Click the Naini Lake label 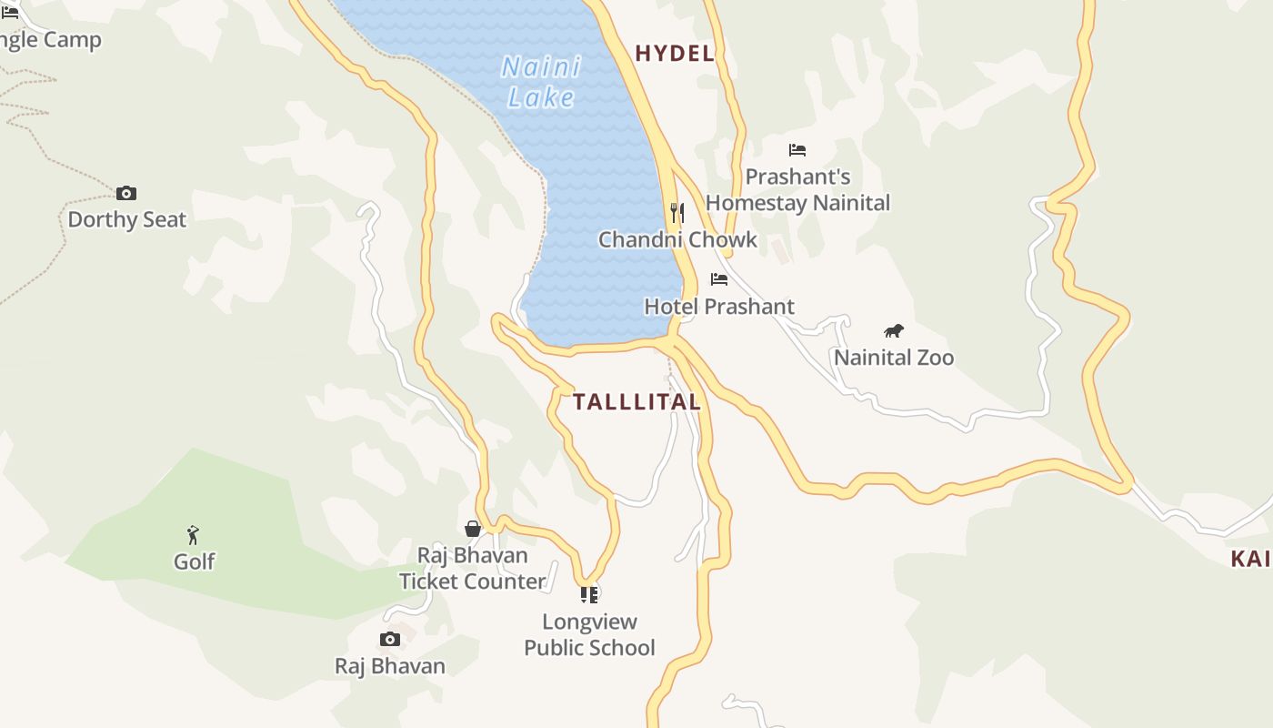click(541, 82)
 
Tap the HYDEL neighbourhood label click(674, 54)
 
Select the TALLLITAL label click(636, 401)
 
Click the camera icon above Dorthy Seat click(126, 193)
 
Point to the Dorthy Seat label click(126, 219)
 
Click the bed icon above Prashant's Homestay click(797, 150)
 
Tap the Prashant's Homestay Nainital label click(797, 189)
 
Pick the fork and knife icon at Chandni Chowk click(677, 213)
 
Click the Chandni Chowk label click(677, 239)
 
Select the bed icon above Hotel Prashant click(719, 279)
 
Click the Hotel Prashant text click(719, 307)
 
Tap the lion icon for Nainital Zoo click(894, 331)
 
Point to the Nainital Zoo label click(894, 358)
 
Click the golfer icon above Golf click(193, 535)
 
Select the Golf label click(195, 561)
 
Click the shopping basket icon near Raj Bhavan click(473, 529)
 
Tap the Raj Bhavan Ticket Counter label click(473, 568)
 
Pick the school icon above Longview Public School click(589, 595)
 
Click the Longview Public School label click(589, 634)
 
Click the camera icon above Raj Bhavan click(390, 639)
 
